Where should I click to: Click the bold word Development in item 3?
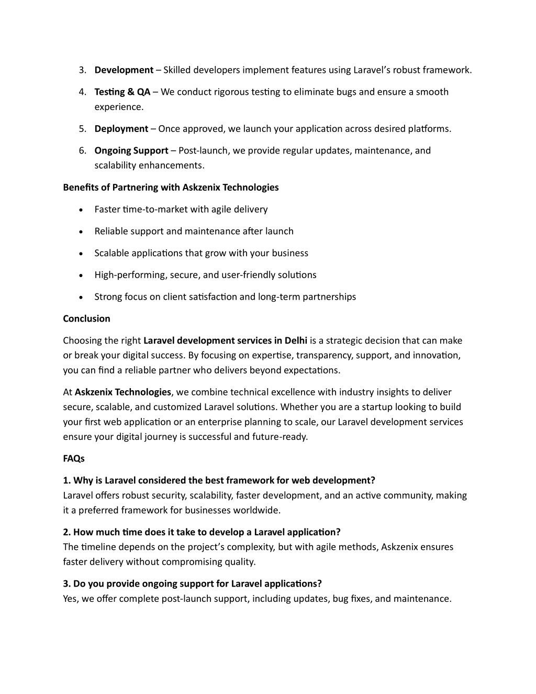[x=124, y=70]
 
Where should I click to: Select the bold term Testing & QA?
[x=122, y=92]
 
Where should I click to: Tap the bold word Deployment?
[x=121, y=129]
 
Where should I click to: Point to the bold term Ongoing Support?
[x=131, y=151]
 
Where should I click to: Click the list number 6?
[x=82, y=151]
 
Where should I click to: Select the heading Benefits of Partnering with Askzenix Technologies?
[x=171, y=188]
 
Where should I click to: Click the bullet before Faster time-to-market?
[x=80, y=210]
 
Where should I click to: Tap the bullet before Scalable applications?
[x=80, y=254]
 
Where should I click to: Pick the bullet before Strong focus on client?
[x=80, y=298]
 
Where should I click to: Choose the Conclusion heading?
[x=86, y=319]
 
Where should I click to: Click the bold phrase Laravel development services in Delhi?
[x=225, y=341]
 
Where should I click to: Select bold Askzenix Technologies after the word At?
[x=122, y=392]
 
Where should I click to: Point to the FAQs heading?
[x=74, y=459]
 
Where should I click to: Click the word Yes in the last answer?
[x=70, y=599]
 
